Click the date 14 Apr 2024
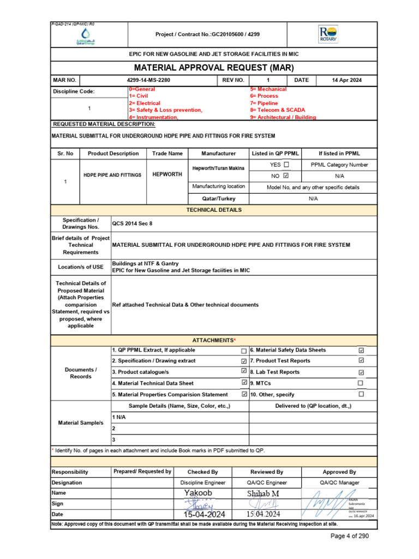(346, 80)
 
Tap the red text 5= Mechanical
(268, 89)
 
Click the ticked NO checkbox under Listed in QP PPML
(286, 176)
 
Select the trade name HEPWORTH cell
(167, 175)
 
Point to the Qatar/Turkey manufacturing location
(218, 199)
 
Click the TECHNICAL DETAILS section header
(214, 210)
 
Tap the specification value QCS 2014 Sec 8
(133, 223)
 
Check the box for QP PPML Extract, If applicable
(244, 351)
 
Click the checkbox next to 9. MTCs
(361, 383)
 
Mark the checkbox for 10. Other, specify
(361, 394)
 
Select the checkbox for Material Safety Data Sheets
(361, 350)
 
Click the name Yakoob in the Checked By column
(198, 493)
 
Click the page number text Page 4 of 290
(350, 536)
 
